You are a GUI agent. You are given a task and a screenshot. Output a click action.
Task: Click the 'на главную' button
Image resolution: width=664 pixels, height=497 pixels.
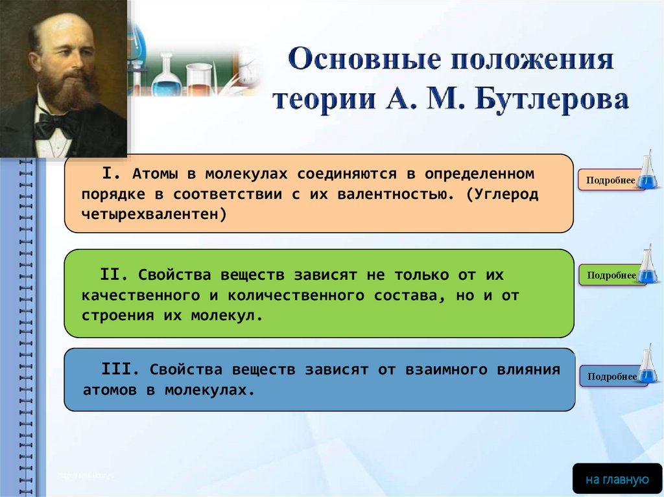point(617,480)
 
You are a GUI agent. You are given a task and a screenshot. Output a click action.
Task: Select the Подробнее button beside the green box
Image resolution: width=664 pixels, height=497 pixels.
point(611,275)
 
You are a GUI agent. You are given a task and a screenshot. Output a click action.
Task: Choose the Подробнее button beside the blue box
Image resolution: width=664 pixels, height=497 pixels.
point(612,376)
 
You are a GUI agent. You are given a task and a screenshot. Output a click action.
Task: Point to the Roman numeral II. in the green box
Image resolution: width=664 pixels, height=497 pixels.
point(113,274)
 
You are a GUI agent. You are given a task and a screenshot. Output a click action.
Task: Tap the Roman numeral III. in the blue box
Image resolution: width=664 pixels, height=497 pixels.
point(120,369)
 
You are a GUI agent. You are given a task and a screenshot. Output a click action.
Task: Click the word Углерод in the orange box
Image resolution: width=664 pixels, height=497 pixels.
point(506,194)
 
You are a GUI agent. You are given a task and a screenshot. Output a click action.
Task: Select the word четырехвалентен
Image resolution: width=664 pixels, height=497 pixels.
point(150,214)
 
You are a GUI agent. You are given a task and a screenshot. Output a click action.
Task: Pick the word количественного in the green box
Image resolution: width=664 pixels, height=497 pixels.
point(296,295)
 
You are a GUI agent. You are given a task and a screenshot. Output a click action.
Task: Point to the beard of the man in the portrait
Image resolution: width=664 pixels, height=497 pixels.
point(67,91)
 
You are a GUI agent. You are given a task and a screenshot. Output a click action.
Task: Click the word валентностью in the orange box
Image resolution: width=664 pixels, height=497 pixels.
point(392,194)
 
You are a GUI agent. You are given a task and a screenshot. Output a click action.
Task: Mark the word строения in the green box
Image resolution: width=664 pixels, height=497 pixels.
point(118,316)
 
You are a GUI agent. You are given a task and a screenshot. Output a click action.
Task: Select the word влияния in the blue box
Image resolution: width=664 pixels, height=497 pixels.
point(528,369)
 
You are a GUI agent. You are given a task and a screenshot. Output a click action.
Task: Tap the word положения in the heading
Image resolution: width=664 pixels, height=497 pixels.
point(532,59)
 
